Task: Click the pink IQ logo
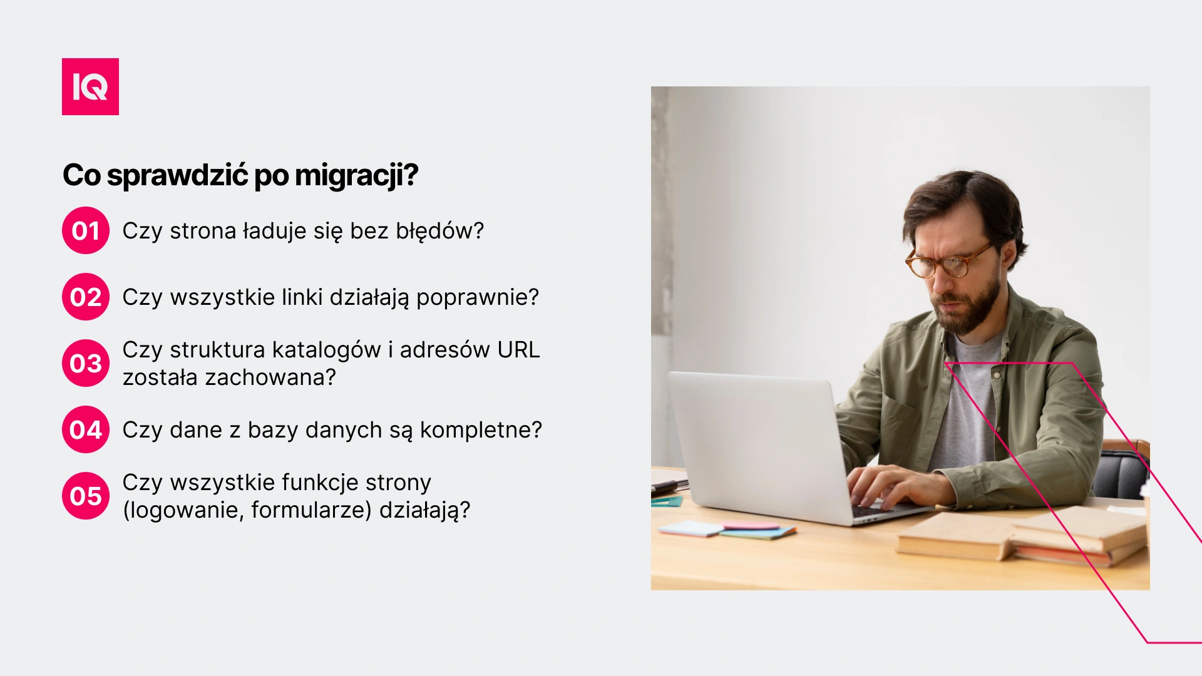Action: [x=90, y=86]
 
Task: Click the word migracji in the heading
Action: [x=356, y=176]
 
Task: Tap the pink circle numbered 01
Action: [x=86, y=230]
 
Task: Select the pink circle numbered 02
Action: [x=86, y=297]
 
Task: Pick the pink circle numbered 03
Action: [x=86, y=363]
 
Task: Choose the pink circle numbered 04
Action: [x=86, y=429]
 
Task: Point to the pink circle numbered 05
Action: [x=86, y=496]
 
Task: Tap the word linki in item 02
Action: [x=302, y=297]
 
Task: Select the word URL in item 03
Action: [x=518, y=350]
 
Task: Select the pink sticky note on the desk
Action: [x=752, y=526]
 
